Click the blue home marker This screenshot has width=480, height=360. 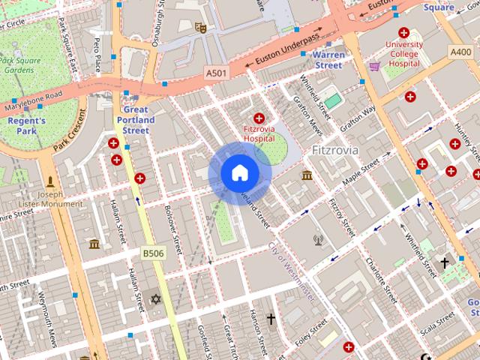tap(239, 173)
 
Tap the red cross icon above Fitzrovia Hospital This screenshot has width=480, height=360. tap(259, 118)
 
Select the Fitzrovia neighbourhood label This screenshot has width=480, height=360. tap(334, 151)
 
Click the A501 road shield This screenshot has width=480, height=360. tap(216, 73)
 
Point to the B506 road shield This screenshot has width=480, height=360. tap(153, 254)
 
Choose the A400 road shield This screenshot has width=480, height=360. tap(460, 52)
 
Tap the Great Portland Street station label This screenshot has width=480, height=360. tap(136, 120)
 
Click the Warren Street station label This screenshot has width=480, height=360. tap(328, 60)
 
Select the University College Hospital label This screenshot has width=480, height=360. tap(404, 54)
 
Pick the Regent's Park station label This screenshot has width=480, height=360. tap(27, 125)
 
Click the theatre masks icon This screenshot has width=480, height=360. tap(200, 28)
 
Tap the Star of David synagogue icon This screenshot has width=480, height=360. tap(156, 299)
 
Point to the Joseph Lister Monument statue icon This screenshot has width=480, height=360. tap(51, 181)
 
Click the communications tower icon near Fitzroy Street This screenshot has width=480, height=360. tap(317, 241)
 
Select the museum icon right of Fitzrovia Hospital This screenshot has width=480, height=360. tap(306, 175)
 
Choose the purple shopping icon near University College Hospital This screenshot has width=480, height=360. tap(373, 66)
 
